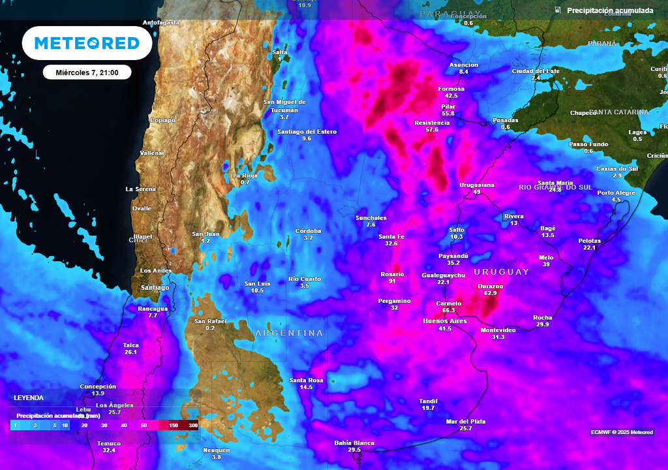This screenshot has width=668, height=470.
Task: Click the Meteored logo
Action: click(87, 43)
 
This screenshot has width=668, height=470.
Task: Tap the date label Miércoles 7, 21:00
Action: click(87, 72)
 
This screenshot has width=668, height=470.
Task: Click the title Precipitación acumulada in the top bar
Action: click(609, 10)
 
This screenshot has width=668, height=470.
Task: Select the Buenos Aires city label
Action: click(445, 321)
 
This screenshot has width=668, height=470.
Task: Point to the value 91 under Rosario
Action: click(392, 281)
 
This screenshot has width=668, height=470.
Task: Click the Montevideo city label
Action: click(498, 330)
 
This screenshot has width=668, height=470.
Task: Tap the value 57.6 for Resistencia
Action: click(432, 130)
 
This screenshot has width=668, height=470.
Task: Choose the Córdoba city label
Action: click(308, 230)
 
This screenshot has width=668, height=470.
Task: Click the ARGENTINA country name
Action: click(289, 333)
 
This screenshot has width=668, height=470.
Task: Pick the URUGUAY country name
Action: click(502, 272)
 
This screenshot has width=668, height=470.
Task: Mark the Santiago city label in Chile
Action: click(155, 287)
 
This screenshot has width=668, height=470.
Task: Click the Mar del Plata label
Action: click(465, 421)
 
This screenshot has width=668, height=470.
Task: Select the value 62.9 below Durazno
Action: click(491, 294)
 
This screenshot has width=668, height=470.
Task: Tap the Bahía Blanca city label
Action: click(354, 443)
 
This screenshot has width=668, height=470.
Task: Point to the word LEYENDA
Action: click(29, 398)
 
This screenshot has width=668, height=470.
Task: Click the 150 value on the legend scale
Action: click(174, 426)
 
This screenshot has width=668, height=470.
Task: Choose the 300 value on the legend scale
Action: click(192, 426)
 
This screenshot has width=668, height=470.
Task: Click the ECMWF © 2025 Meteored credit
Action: click(621, 432)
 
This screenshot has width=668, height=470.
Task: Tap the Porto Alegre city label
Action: click(616, 193)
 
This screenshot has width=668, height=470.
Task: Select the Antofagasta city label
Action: click(161, 23)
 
